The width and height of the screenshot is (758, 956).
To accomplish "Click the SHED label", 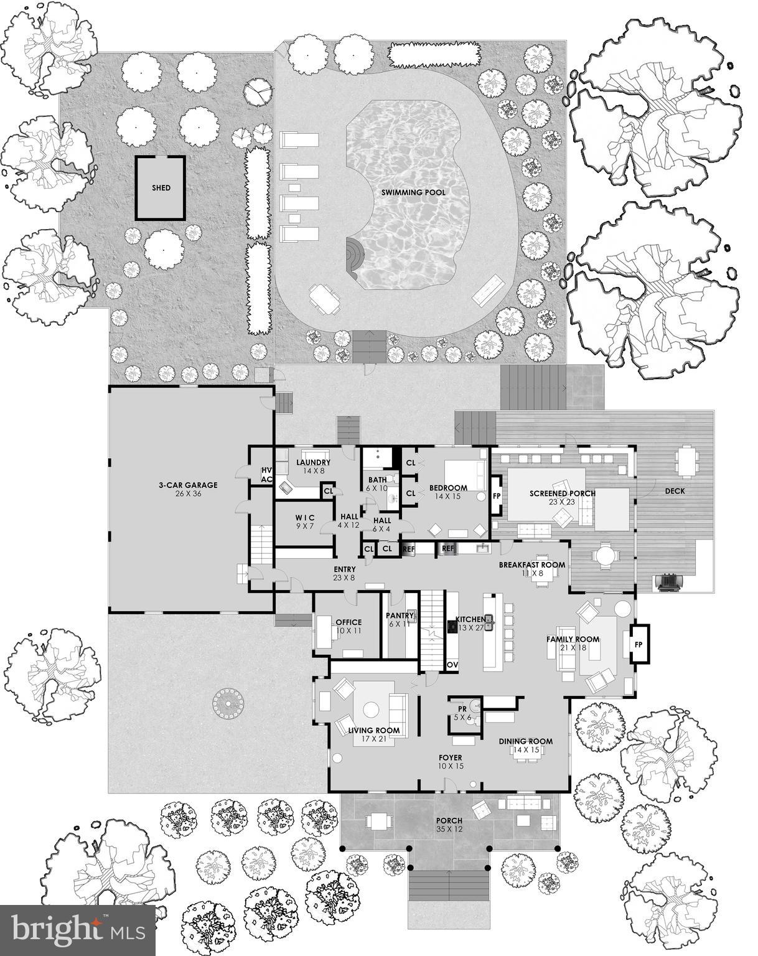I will (x=161, y=188).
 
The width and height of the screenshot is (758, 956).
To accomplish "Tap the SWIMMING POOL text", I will (x=413, y=193).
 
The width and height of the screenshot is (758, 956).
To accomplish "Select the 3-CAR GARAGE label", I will (x=187, y=485).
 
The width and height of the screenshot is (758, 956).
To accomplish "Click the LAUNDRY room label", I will (x=312, y=462).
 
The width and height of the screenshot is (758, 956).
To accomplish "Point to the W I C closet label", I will (x=305, y=518).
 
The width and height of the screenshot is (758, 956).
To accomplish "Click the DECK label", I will (x=675, y=491).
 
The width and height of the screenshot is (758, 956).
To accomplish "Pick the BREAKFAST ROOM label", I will (x=531, y=565).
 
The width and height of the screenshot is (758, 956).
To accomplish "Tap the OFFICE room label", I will (x=349, y=622).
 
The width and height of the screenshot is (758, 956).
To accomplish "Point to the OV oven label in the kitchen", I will (x=452, y=665).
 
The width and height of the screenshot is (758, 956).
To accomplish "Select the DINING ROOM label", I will (x=525, y=741).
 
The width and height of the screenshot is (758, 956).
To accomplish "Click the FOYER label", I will (x=450, y=757).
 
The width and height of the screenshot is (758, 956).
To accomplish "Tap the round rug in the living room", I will (x=372, y=710).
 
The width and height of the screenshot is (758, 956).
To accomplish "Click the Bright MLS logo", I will (x=78, y=930).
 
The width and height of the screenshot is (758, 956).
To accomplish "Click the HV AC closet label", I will (x=267, y=475).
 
